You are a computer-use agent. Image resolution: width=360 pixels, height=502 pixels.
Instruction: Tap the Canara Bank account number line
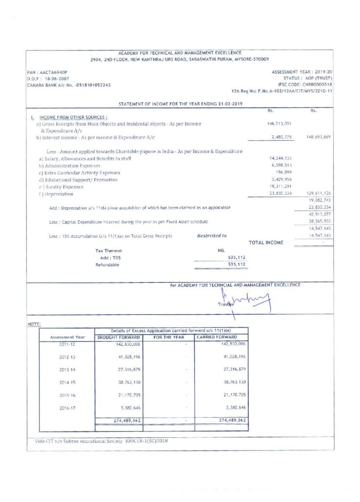(x=69, y=85)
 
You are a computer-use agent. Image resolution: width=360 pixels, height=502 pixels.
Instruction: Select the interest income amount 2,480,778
(x=282, y=137)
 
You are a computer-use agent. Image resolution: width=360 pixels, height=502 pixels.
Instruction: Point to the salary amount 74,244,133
(x=281, y=158)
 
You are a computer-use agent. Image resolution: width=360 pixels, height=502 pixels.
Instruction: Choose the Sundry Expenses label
(x=61, y=187)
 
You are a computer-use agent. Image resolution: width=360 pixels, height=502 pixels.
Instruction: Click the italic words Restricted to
(x=212, y=236)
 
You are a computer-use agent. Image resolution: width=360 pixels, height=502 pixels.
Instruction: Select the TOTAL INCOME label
(x=266, y=243)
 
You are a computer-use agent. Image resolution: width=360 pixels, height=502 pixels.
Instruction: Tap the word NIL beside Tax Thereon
(x=220, y=251)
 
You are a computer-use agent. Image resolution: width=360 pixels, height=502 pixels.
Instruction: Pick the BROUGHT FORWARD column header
(x=120, y=337)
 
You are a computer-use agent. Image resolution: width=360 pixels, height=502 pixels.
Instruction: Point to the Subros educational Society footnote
(x=101, y=441)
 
